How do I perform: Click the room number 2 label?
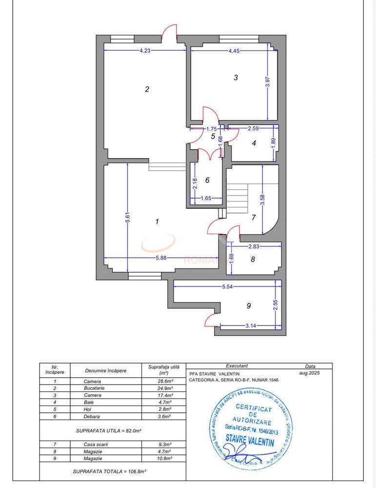click(147, 89)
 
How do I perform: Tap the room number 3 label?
click(236, 77)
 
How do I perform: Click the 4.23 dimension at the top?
click(145, 50)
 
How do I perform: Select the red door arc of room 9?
click(212, 319)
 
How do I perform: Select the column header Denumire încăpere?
click(106, 370)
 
